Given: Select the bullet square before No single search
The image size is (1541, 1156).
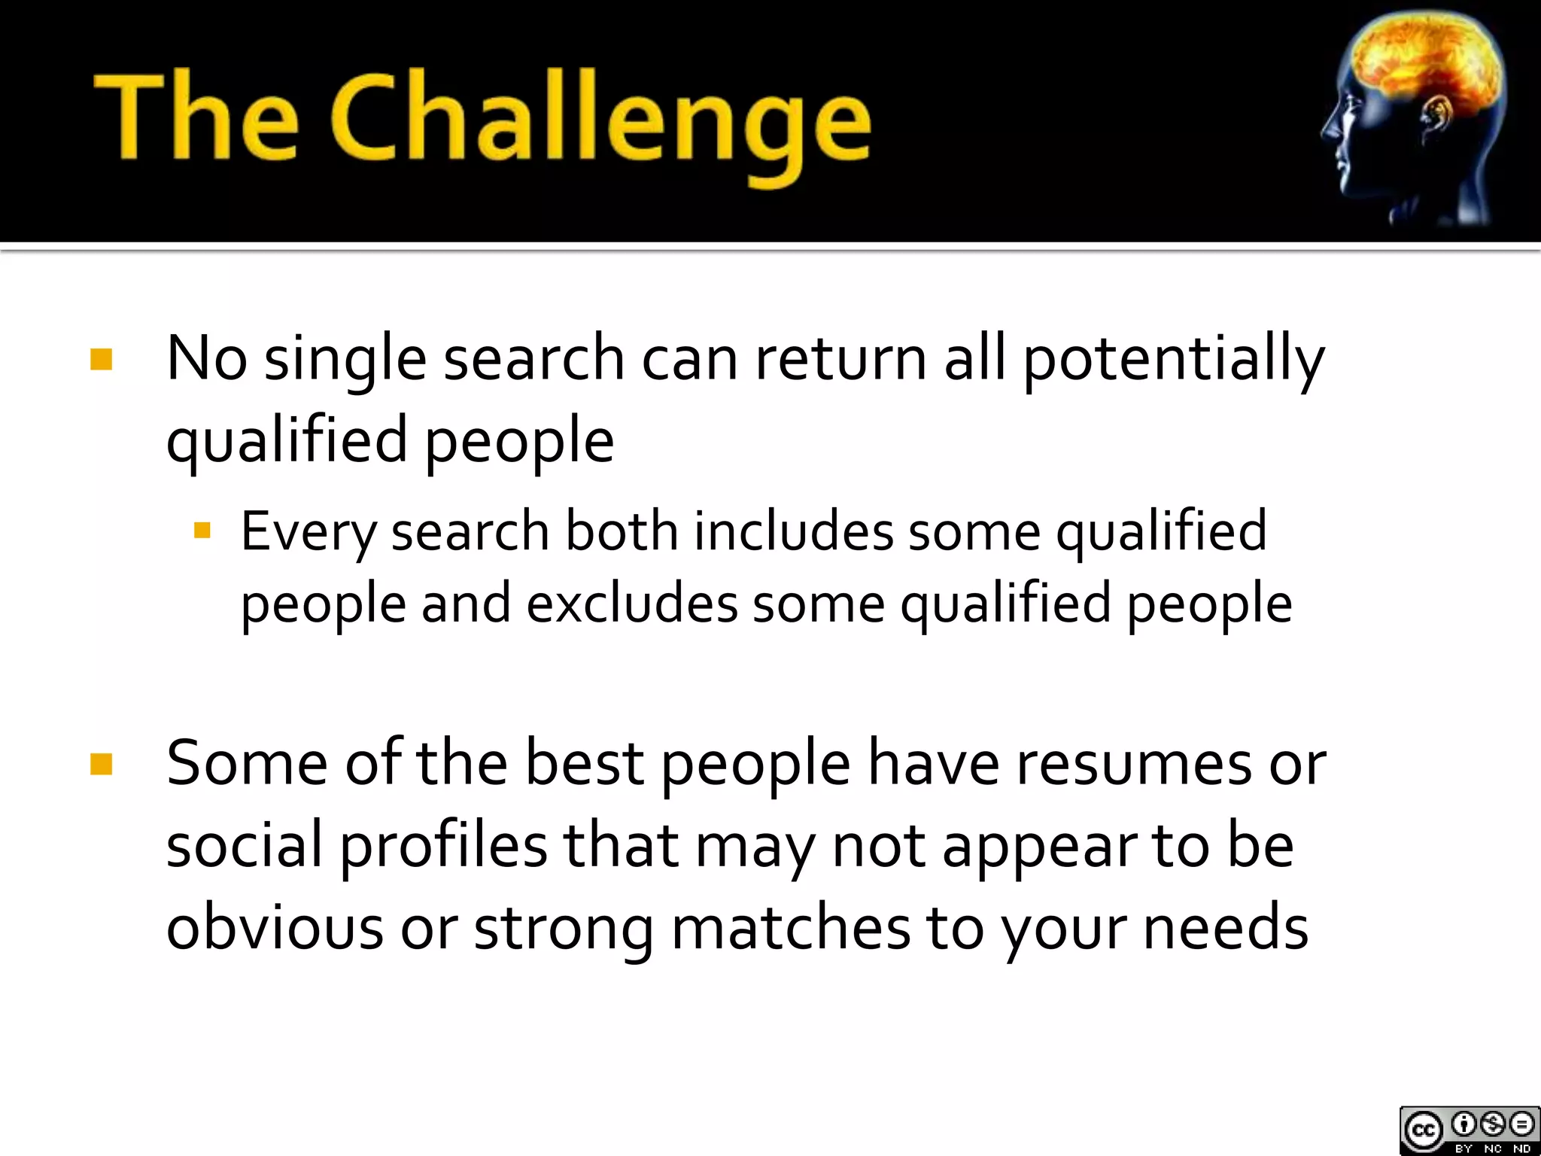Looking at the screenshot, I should (x=101, y=359).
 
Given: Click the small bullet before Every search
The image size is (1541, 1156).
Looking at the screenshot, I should (x=202, y=531).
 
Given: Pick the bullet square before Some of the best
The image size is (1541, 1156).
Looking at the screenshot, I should (x=101, y=764).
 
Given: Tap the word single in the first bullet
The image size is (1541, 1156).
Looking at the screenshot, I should (x=345, y=360).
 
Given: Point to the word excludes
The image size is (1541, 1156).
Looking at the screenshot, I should (x=631, y=604).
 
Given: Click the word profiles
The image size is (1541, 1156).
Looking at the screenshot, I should (x=443, y=847).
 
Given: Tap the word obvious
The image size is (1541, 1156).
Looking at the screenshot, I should (x=274, y=927).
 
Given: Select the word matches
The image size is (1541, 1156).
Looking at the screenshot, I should (x=790, y=927).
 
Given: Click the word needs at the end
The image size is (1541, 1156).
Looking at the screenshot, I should (x=1226, y=927).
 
